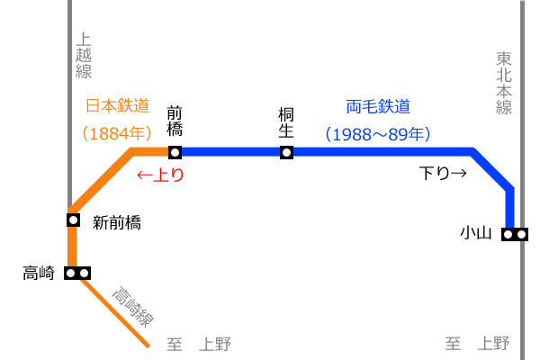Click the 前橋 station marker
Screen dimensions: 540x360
[x=175, y=152]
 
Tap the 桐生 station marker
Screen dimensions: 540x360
[x=286, y=152]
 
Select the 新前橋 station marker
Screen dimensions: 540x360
[x=74, y=220]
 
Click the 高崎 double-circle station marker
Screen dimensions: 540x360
[x=77, y=274]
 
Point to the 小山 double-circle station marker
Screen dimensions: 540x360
[x=515, y=234]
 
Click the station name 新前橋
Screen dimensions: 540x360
[x=117, y=222]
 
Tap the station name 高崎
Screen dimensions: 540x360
[x=39, y=274]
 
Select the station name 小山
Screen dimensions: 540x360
[x=475, y=233]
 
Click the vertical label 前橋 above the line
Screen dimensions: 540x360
[x=175, y=121]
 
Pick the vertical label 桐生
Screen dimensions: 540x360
[x=286, y=122]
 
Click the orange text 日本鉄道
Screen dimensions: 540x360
[x=117, y=105]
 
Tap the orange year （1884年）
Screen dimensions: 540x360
[x=117, y=133]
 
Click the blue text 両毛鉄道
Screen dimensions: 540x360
[x=378, y=106]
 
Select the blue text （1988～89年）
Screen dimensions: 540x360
[x=378, y=134]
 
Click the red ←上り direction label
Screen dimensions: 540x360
[x=160, y=175]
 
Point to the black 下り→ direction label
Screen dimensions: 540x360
[x=443, y=173]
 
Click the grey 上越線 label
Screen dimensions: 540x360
[x=84, y=56]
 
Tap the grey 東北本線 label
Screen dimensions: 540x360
[x=504, y=83]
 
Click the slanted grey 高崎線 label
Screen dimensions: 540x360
[x=132, y=307]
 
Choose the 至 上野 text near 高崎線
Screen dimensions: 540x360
[x=199, y=344]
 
